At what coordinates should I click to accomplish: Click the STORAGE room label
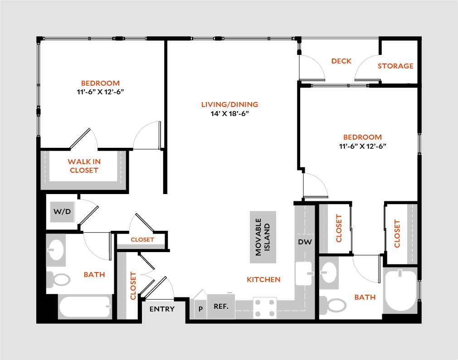[395, 66]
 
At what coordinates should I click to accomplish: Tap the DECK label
[341, 61]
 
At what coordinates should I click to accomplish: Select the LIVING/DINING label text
[230, 105]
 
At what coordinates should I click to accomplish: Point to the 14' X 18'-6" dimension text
[230, 114]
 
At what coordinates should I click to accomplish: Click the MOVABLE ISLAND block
[263, 237]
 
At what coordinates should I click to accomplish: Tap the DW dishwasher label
[305, 242]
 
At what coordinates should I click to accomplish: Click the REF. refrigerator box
[221, 306]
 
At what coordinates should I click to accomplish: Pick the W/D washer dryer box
[63, 212]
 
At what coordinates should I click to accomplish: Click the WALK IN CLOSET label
[84, 166]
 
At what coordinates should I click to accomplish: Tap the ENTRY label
[162, 309]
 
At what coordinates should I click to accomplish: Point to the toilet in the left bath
[58, 279]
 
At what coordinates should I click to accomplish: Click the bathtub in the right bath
[400, 290]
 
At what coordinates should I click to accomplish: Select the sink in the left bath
[56, 249]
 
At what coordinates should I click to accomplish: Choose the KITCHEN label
[263, 280]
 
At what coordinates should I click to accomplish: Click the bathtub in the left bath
[85, 307]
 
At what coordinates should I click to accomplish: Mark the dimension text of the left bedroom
[101, 92]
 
